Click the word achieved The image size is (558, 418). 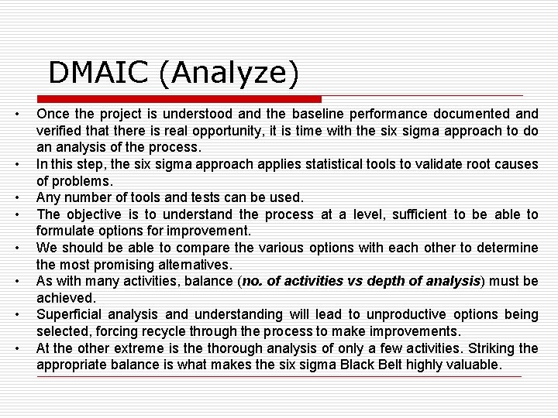pos(66,298)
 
